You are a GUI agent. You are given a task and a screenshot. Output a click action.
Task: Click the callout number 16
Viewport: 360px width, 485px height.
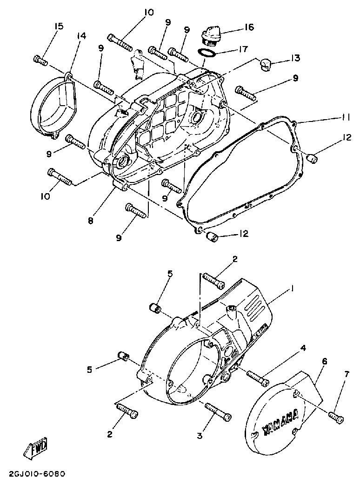coord(249,27)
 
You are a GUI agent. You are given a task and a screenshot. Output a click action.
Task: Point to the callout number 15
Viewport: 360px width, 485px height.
coord(58,26)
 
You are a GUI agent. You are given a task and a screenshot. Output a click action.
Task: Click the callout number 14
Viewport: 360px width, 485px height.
coord(81,35)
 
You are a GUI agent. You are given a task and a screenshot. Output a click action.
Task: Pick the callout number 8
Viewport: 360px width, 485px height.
coord(90,220)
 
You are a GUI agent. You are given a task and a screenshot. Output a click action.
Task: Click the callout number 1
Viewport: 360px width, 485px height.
coord(292,289)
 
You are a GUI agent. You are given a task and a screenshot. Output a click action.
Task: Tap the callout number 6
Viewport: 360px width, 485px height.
coord(324,361)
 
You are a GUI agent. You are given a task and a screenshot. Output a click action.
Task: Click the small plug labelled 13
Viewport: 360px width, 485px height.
coord(265,63)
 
